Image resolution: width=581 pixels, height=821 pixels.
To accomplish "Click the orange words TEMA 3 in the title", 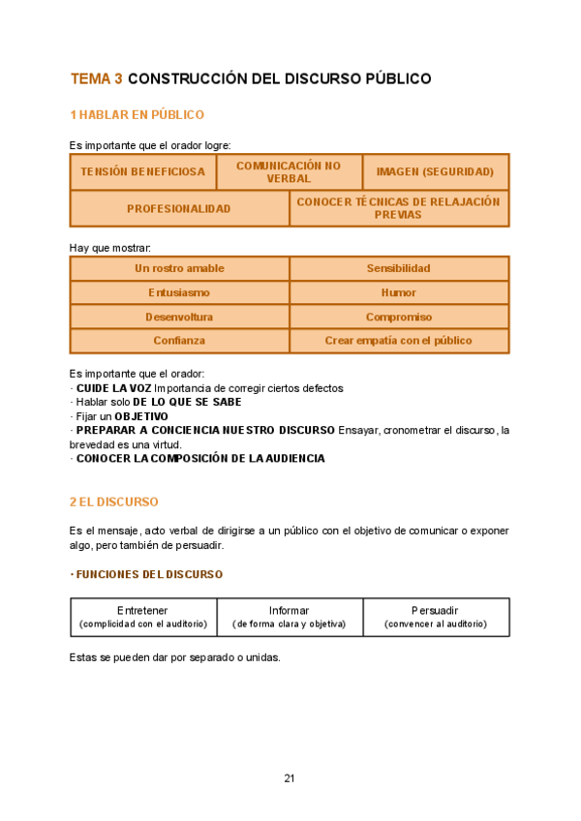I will (96, 78).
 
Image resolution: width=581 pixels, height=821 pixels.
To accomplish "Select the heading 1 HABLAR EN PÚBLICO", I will (137, 115).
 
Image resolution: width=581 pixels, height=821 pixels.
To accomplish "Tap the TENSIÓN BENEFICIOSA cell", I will (142, 172).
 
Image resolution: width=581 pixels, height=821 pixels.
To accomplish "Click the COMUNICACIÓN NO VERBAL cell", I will (289, 172).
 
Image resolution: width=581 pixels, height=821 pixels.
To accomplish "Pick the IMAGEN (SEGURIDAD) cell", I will (435, 172).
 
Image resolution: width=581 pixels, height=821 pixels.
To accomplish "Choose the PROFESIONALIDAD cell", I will (179, 208).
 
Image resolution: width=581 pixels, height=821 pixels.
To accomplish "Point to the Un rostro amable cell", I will (179, 268).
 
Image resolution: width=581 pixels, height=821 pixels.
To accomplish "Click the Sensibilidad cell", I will (399, 268).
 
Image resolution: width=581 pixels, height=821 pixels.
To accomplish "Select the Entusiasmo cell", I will (179, 292).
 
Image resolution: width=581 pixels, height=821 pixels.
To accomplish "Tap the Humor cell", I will (399, 292).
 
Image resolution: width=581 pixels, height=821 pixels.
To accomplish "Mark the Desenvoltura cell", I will (179, 317).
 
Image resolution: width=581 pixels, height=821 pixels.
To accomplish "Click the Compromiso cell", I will (399, 317).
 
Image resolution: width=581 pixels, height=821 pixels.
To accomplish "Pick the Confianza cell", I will (179, 341).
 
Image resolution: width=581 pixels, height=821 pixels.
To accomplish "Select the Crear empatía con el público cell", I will (399, 341).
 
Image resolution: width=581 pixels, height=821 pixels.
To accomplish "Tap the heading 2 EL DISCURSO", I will (114, 502).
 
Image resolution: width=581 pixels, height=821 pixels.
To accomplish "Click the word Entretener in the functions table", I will (142, 611).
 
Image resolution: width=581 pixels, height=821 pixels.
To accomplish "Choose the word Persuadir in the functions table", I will (435, 611).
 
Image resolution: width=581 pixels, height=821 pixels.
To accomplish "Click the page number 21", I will (290, 778).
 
